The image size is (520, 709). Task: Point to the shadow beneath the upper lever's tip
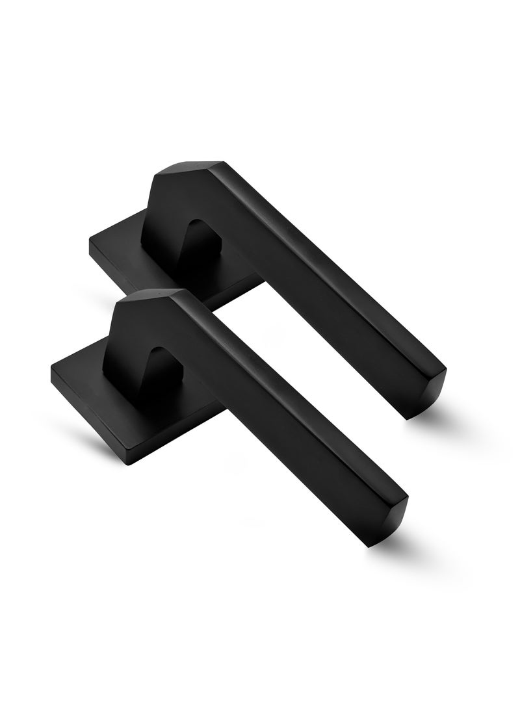pyautogui.click(x=435, y=422)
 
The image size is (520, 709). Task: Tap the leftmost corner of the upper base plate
pyautogui.click(x=91, y=242)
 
